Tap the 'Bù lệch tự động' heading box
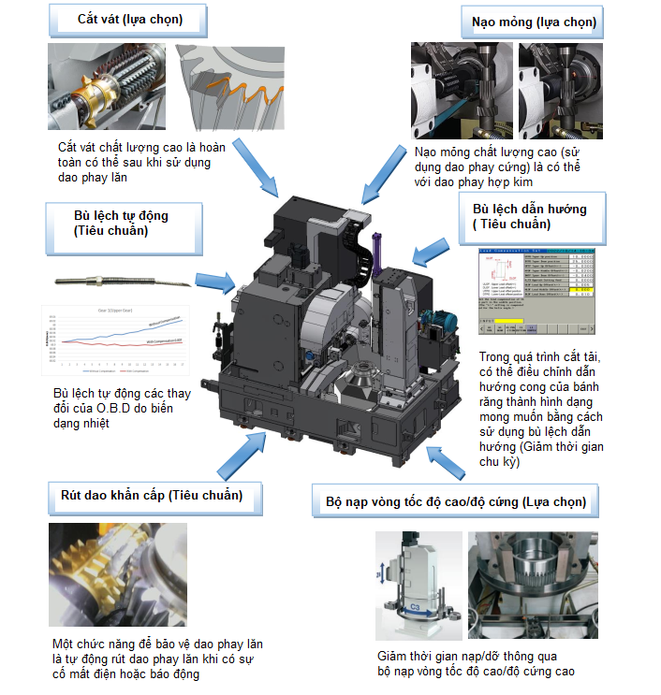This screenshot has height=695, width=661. coord(121,224)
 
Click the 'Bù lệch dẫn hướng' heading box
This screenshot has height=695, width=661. coord(530,216)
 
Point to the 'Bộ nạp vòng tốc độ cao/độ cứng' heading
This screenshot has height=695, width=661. coord(455,502)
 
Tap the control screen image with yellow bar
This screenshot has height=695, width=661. coord(535,293)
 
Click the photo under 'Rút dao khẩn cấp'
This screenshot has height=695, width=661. coord(117,574)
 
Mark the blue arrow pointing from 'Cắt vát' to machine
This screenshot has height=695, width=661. coord(254,166)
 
